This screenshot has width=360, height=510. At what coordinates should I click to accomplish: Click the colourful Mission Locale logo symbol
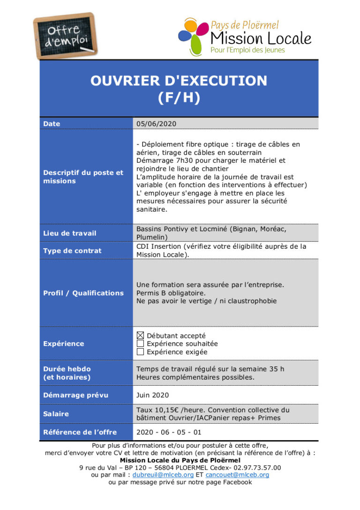point(193,33)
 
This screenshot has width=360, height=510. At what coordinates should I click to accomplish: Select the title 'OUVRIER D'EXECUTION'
point(179,81)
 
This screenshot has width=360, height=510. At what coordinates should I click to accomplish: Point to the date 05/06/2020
point(156,123)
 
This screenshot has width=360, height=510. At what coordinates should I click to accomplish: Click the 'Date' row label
point(52,123)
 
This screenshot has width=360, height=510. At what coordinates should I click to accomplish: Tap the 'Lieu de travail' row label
point(69,233)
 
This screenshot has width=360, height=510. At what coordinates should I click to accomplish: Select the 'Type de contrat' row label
point(72,251)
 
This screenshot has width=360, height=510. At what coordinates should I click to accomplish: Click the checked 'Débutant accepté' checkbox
point(140,335)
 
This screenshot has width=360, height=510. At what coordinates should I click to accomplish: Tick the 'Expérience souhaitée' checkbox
point(140,343)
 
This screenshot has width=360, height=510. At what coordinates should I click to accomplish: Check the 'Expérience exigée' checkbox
point(140,352)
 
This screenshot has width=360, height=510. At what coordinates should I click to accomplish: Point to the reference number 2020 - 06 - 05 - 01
point(169,432)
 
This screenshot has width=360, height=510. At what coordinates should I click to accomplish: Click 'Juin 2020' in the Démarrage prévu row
point(152,395)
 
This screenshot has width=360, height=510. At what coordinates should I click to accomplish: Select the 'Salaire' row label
point(56,414)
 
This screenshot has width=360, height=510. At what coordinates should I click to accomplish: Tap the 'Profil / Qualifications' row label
point(83,293)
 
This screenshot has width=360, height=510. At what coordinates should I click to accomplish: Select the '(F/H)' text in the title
point(179,98)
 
